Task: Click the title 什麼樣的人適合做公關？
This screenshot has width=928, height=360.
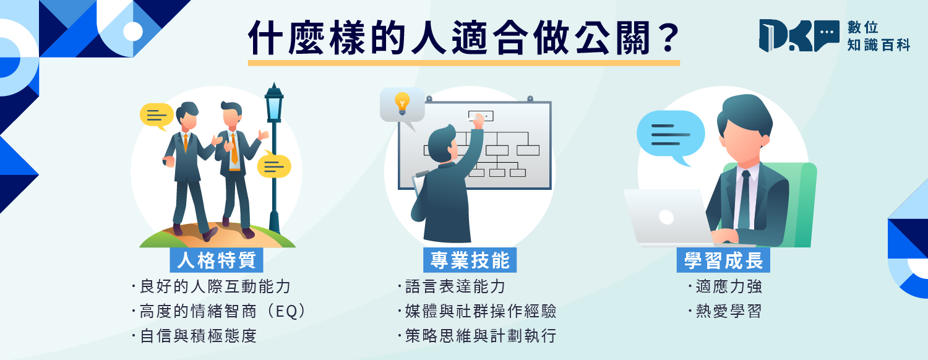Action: (x=463, y=38)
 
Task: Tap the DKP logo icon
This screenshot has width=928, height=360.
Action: (x=799, y=36)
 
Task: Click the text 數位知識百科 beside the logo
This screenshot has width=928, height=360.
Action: (x=879, y=36)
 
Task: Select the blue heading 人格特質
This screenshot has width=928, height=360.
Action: (x=217, y=260)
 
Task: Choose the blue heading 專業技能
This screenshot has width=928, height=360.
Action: (x=470, y=260)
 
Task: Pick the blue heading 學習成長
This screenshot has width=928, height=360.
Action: (x=723, y=260)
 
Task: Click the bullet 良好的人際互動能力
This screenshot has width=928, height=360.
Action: (x=212, y=286)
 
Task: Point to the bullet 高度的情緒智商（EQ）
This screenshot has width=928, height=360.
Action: (x=219, y=312)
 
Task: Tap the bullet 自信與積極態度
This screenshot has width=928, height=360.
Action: (x=194, y=336)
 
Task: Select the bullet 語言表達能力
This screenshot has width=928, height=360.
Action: (x=452, y=286)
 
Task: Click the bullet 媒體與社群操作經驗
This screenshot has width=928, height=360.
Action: (x=477, y=312)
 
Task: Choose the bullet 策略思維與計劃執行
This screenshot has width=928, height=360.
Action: (x=477, y=336)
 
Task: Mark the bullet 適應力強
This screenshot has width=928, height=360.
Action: (x=725, y=286)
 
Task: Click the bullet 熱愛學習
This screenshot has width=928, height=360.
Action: (x=725, y=312)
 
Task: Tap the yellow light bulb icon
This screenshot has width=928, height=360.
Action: (x=402, y=103)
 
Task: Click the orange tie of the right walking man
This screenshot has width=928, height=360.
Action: (x=234, y=148)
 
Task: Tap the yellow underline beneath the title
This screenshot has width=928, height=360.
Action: (x=463, y=63)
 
